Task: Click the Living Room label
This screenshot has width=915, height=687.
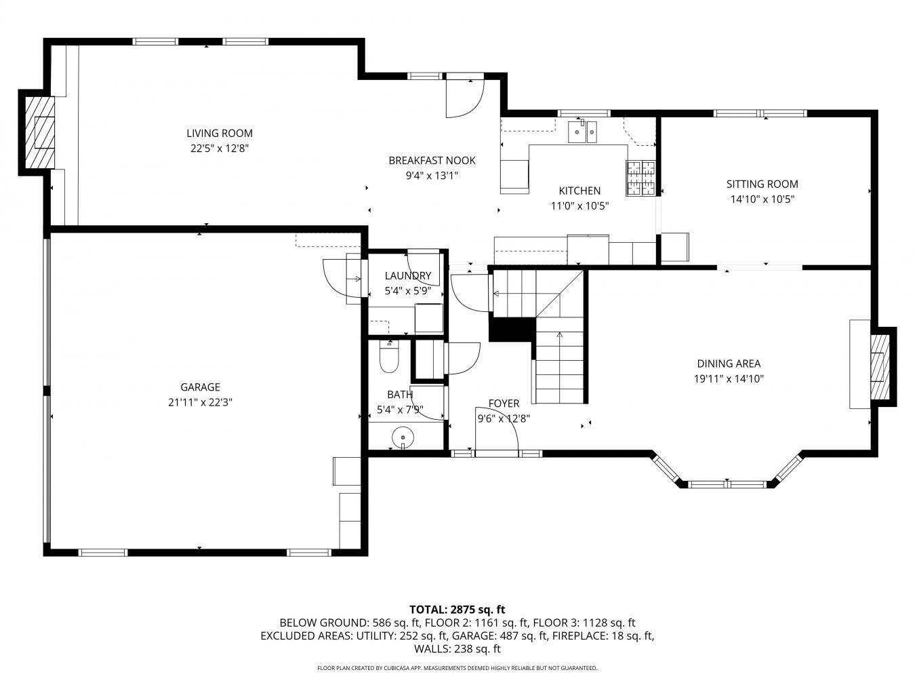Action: coord(220,133)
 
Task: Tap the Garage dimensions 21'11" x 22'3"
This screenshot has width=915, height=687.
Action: coord(200,402)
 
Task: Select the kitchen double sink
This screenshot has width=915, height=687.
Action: coord(582,132)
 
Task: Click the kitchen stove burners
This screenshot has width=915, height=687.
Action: coord(640,178)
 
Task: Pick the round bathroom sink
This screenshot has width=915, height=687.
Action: coord(403,437)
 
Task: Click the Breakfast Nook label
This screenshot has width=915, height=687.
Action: coord(432,161)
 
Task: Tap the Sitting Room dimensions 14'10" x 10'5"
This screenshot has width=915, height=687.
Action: coord(762,199)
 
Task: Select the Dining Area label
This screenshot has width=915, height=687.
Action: coord(729,364)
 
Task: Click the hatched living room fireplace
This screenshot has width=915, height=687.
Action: coord(39,132)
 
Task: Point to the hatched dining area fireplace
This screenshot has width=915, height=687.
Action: coord(880,366)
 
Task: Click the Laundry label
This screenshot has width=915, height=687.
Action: coord(408,276)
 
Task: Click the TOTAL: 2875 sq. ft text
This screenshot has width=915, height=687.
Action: coord(457,610)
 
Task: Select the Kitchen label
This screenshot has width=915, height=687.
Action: coord(579,191)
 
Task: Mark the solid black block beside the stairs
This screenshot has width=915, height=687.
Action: coord(511,330)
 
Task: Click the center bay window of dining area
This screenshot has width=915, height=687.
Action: coord(727,484)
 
